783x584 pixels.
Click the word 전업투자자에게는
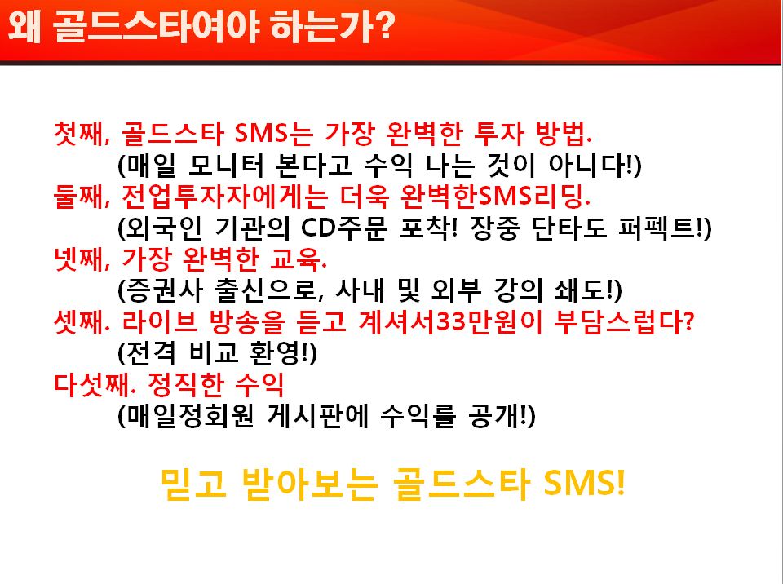[x=225, y=196]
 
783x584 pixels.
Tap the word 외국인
[x=160, y=228]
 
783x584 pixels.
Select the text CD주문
[x=344, y=228]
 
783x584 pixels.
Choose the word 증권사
[x=161, y=290]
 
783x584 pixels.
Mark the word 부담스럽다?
[x=624, y=321]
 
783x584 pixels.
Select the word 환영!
[x=283, y=353]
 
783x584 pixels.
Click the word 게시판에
[x=318, y=416]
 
